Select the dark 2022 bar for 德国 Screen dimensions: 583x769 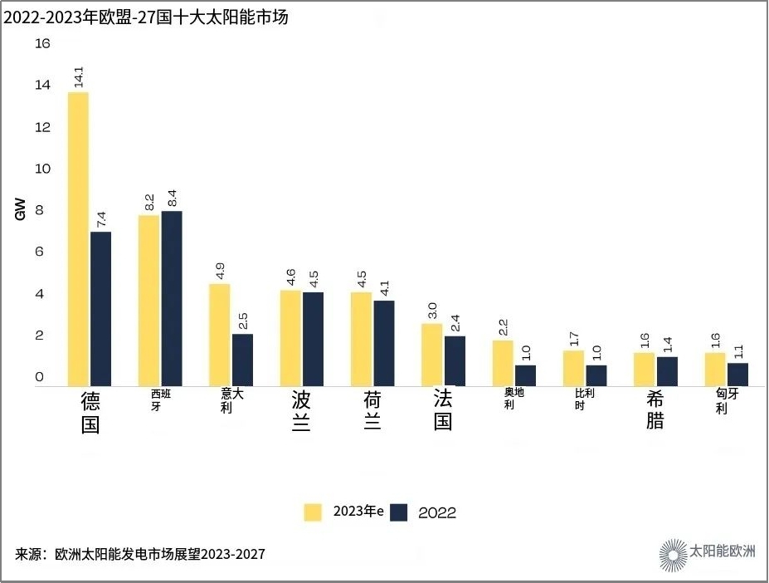click(100, 308)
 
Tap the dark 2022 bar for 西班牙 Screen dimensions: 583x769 click(172, 298)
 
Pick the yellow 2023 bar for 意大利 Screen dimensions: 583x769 click(219, 335)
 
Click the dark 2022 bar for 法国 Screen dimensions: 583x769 click(455, 360)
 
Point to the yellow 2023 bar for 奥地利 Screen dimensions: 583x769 click(503, 363)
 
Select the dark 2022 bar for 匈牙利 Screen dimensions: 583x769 click(737, 375)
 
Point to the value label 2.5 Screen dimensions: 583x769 click(243, 321)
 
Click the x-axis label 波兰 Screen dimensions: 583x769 click(301, 410)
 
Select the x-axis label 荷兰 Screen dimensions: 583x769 click(372, 410)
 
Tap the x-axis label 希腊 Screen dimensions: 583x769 click(655, 410)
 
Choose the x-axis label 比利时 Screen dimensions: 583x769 click(585, 399)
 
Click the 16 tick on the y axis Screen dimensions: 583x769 click(42, 43)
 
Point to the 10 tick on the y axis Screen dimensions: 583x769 click(42, 169)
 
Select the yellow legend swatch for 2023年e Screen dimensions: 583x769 click(313, 512)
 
